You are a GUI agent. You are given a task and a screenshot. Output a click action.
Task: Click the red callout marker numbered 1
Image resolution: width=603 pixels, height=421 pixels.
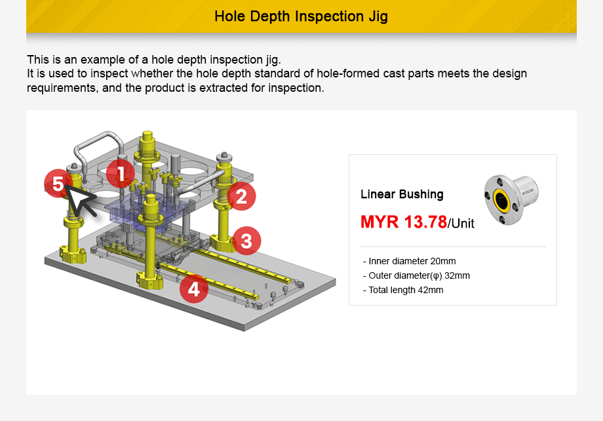coord(121,174)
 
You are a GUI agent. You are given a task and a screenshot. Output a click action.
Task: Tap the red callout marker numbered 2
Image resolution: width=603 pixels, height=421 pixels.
coord(241,196)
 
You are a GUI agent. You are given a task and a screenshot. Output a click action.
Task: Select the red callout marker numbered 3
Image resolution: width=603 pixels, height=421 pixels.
coord(246,241)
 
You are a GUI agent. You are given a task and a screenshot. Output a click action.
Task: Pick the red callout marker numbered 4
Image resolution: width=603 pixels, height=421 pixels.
coord(193,289)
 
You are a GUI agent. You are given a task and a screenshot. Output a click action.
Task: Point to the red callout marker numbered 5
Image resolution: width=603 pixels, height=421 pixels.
coord(58,184)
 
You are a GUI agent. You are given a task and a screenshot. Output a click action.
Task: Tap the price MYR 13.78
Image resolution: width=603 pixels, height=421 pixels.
coord(403,222)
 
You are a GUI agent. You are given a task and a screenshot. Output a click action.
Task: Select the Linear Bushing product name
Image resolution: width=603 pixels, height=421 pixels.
coord(402,194)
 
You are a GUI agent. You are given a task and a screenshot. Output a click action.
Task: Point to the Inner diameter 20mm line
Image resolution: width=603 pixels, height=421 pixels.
coord(409,261)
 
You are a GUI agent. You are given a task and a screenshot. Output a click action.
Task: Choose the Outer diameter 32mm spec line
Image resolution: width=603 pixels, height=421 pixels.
coord(416,275)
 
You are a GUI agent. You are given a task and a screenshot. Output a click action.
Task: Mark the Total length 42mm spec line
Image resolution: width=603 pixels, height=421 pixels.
coord(403,290)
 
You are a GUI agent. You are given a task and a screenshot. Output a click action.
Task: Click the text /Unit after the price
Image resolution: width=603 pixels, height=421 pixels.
coord(461,224)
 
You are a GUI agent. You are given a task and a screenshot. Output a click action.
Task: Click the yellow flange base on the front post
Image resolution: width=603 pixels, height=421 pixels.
coord(150,281)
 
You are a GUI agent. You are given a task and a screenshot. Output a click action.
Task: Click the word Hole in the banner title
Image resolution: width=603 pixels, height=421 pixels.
coord(230,16)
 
